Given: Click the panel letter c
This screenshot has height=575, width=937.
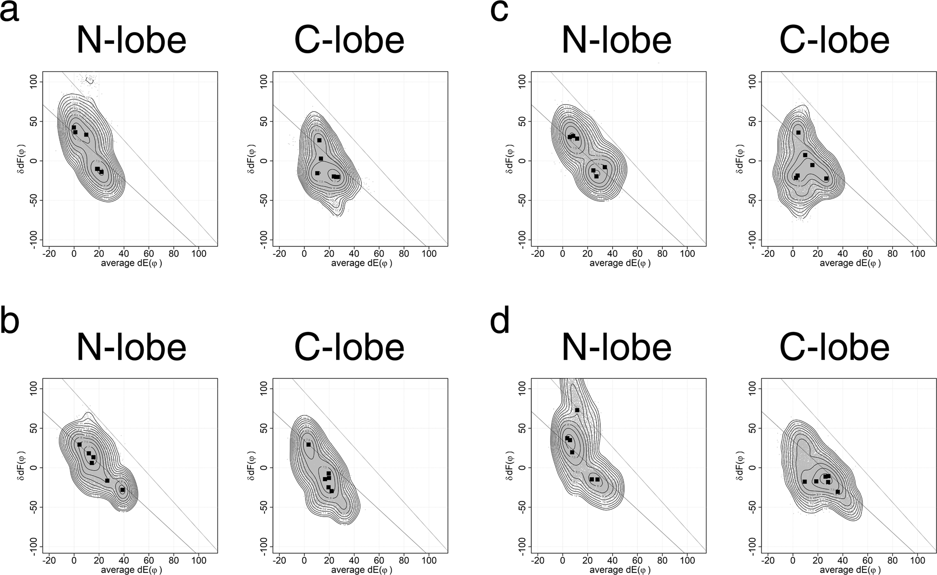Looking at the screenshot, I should click(499, 12).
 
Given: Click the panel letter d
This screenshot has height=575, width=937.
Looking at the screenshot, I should click(500, 320).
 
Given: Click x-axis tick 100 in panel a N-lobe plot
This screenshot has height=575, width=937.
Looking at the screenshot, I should click(198, 253).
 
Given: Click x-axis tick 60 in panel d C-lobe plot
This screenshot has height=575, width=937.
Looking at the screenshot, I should click(867, 561).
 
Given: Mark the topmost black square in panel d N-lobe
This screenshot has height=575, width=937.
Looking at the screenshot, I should click(577, 410).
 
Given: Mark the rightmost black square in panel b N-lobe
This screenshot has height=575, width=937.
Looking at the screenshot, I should click(122, 490).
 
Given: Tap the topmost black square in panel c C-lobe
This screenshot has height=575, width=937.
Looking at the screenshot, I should click(798, 132).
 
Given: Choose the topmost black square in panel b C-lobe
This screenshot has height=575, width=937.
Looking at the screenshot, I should click(308, 445).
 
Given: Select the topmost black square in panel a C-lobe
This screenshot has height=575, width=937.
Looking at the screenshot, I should click(319, 140).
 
